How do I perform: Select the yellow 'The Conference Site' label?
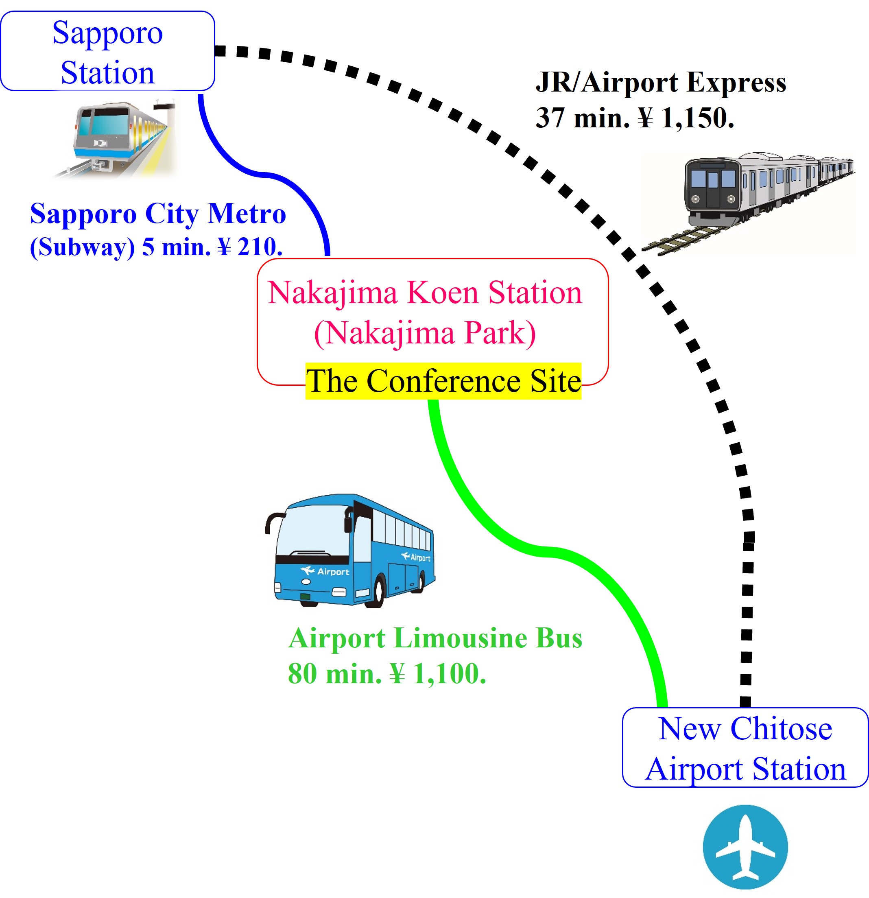point(443,381)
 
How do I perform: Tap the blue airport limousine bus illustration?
point(350,550)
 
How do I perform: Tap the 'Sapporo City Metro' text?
point(158,214)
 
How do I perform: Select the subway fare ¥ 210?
point(250,247)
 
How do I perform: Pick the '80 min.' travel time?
point(334,673)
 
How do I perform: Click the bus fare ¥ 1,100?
point(437,673)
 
